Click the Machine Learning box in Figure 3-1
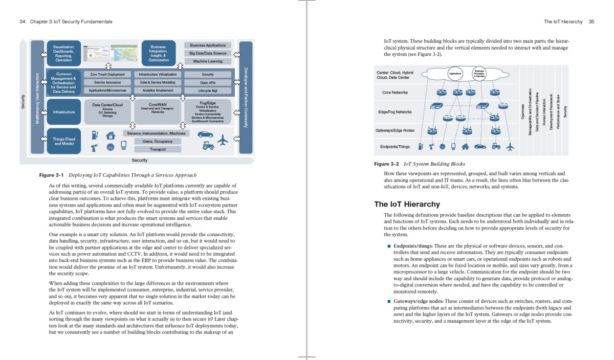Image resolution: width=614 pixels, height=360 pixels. tap(208, 61)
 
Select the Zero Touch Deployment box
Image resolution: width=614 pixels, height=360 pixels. tap(107, 75)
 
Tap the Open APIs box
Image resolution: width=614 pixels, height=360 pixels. tap(208, 83)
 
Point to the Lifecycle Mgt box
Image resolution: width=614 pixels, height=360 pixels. tap(208, 91)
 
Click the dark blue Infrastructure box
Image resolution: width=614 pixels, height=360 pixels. tap(64, 112)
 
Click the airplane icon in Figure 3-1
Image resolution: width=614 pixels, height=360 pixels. tap(223, 139)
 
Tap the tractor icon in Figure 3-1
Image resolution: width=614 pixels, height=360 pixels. tap(208, 146)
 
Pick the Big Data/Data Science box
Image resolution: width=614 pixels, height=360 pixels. tap(208, 53)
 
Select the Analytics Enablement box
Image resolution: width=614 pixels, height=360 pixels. tap(158, 91)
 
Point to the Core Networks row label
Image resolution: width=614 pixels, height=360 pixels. tap(395, 93)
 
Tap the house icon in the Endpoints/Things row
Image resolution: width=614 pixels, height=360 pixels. tap(465, 147)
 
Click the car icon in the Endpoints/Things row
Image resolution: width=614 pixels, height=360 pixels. tap(480, 147)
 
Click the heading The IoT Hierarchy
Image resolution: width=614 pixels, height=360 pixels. tap(407, 205)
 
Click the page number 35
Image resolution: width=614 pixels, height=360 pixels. tap(591, 22)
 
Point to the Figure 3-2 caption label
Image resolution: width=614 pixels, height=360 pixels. tap(386, 164)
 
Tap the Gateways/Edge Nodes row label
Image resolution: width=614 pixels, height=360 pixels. tap(395, 130)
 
